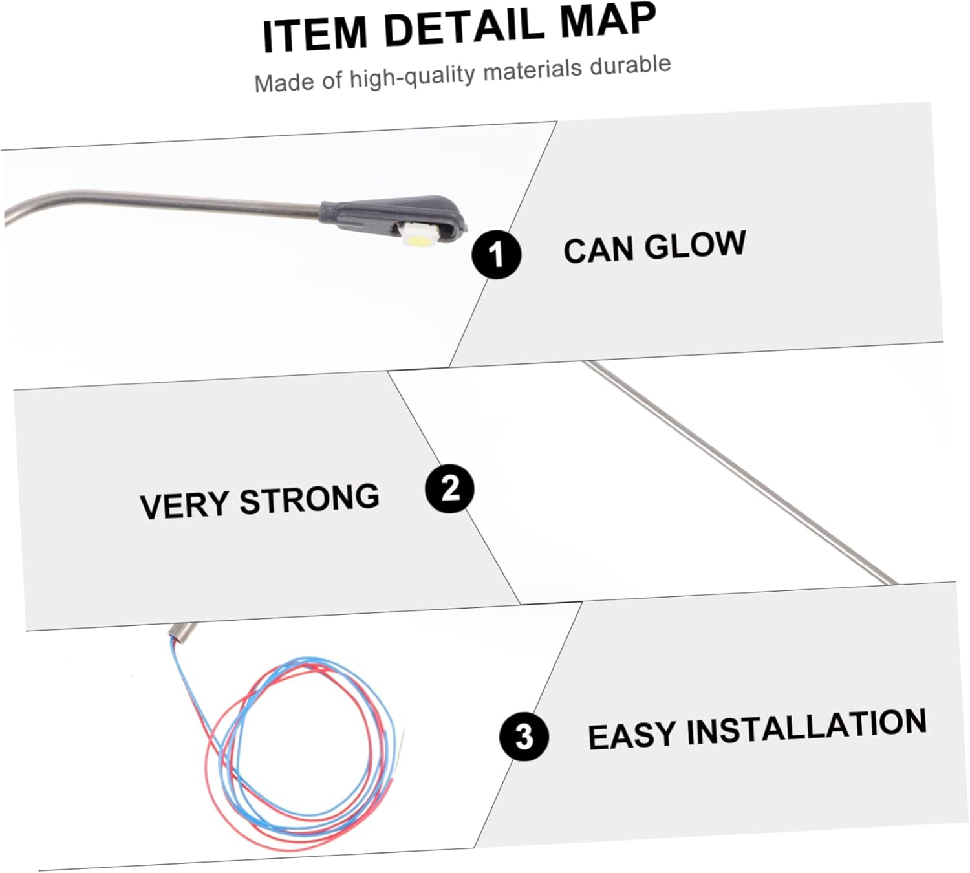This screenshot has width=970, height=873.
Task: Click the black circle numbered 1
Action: (x=496, y=254)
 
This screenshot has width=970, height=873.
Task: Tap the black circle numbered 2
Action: (x=449, y=489)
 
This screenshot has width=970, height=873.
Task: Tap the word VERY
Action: (x=184, y=504)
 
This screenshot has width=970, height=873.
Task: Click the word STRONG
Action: (x=310, y=499)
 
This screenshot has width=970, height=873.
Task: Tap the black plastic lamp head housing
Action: (x=393, y=217)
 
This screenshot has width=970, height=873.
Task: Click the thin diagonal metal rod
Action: (x=740, y=473)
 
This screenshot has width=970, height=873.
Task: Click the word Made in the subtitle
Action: (x=285, y=83)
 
